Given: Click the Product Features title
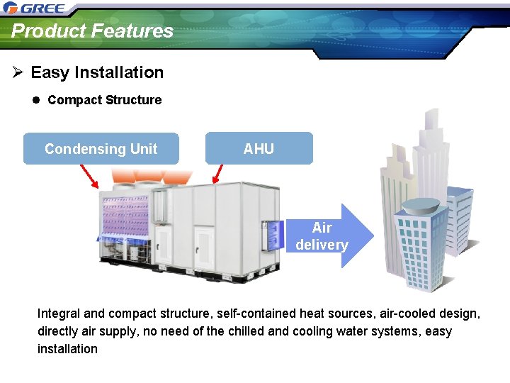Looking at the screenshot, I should (x=92, y=31).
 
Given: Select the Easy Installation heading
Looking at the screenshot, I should (x=97, y=72).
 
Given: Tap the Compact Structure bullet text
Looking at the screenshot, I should (x=104, y=100).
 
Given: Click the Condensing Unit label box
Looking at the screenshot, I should (x=101, y=149).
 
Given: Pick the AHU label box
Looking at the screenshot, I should (x=259, y=149).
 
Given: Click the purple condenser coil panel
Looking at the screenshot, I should (x=126, y=213).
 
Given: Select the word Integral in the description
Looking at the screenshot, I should (x=59, y=313).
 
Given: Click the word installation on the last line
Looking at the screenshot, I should (x=68, y=349).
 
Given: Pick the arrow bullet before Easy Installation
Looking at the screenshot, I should (x=18, y=72).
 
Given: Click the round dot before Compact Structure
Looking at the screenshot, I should (x=37, y=100).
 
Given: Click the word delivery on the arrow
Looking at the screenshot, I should (x=322, y=245).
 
